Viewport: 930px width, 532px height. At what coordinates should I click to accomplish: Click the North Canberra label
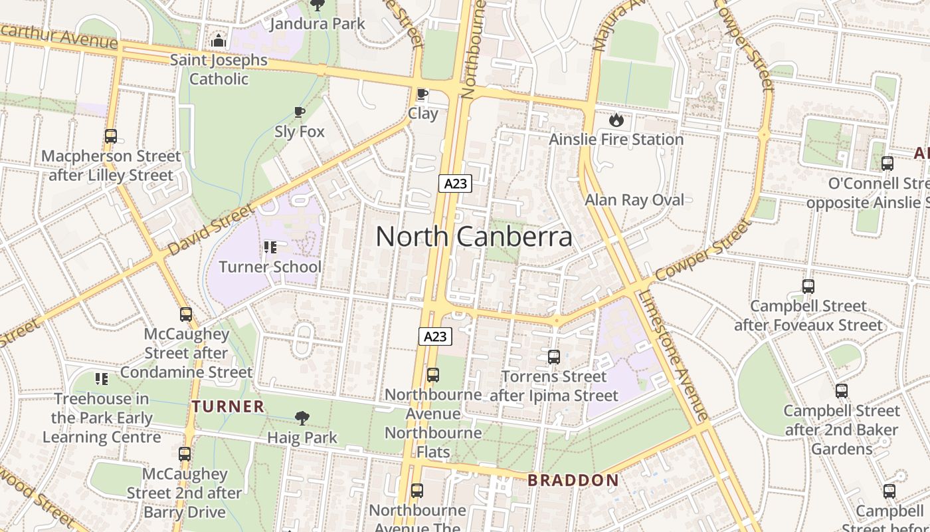tap(474, 237)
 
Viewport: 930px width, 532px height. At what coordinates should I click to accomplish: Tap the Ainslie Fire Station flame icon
tap(616, 120)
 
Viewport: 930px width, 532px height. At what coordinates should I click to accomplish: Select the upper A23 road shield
tap(455, 184)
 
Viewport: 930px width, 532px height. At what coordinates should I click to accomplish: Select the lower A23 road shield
tap(435, 336)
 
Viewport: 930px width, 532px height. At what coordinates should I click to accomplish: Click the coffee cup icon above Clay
tap(422, 94)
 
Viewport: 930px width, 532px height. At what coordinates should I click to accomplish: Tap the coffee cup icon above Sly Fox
tap(300, 112)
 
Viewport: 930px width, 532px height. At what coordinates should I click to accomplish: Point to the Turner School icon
tap(270, 247)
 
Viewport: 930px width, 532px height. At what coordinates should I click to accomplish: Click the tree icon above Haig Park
tap(302, 418)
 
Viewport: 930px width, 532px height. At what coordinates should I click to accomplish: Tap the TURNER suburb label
tap(228, 406)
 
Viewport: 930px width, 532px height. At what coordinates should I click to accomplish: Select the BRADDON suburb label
tap(573, 480)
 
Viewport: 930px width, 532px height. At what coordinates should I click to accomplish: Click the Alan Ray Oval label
tap(634, 200)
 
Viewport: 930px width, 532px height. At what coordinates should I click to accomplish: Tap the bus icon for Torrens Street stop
tap(553, 357)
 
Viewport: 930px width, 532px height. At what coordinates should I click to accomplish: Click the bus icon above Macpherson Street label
tap(111, 136)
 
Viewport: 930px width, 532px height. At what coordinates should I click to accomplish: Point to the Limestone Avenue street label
tap(674, 356)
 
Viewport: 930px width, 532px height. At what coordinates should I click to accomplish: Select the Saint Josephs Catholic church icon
tap(219, 41)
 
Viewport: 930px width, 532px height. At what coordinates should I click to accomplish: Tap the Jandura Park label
tap(317, 24)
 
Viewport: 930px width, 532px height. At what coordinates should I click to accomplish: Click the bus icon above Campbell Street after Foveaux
tap(808, 287)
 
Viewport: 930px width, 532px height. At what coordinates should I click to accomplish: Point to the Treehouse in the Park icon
tap(102, 379)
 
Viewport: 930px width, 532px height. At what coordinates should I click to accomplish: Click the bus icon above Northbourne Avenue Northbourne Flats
tap(433, 375)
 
